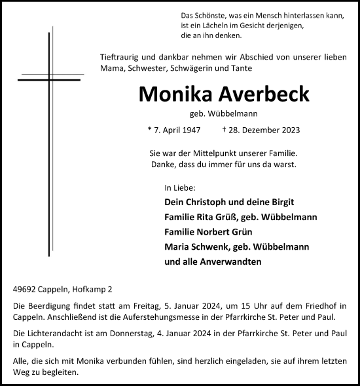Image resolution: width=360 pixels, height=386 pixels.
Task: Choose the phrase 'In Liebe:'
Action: pos(180,187)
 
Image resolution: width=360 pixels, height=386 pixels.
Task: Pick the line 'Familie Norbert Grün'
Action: pos(206,232)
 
